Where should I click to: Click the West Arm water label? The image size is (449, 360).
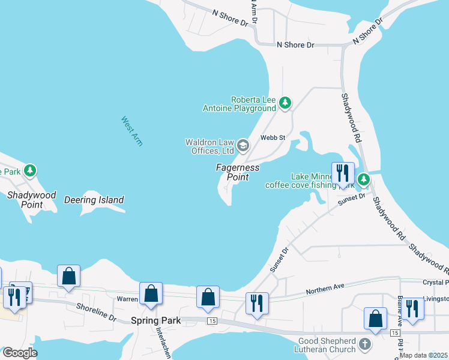point(132,131)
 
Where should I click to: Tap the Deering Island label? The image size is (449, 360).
point(94,200)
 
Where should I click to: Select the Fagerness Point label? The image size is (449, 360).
point(238,172)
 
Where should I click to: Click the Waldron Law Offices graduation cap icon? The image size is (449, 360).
point(243,145)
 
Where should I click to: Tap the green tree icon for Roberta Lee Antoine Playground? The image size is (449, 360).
point(285,104)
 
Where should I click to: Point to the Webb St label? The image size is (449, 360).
point(272,137)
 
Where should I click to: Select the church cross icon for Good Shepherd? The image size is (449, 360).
point(364,343)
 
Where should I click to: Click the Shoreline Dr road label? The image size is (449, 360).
point(95,307)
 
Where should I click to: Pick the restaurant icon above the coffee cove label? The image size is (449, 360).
point(343,173)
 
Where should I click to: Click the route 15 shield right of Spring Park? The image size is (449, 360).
point(212,322)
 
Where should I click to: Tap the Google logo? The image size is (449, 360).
point(20,352)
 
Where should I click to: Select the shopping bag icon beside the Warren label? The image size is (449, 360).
point(151,294)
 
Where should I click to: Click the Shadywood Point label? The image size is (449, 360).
point(31,200)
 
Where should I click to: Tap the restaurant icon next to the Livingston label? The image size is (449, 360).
point(412,308)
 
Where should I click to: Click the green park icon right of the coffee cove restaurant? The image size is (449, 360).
point(363,179)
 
